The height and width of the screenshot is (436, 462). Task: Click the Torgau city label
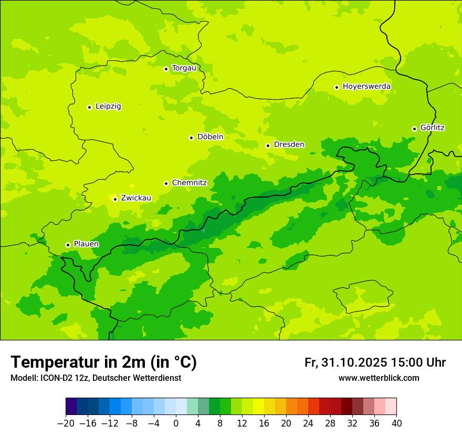click(x=184, y=68)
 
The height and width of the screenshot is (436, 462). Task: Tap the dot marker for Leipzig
click(x=89, y=107)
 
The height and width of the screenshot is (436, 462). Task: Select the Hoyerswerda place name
click(x=366, y=86)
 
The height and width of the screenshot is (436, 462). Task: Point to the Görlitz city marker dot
click(x=414, y=129)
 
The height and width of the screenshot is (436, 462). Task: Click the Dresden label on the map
click(x=289, y=144)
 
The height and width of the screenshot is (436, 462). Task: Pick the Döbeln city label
click(x=210, y=137)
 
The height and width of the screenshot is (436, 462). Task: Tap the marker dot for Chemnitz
click(x=166, y=183)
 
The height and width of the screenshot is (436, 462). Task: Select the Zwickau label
click(x=136, y=198)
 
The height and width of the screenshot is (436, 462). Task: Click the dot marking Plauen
click(x=68, y=245)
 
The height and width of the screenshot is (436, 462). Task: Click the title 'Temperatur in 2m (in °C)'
click(x=103, y=362)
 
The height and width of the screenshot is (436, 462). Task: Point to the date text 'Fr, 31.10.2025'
click(x=345, y=362)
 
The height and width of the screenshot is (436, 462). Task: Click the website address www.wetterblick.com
click(x=379, y=378)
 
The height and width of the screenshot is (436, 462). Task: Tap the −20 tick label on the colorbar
click(x=66, y=423)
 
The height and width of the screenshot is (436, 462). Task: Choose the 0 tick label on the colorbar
click(x=176, y=423)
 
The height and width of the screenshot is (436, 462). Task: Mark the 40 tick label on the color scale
click(x=396, y=423)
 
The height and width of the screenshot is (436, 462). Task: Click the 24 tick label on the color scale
click(x=308, y=423)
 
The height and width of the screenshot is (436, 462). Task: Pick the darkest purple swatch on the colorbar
click(x=71, y=407)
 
